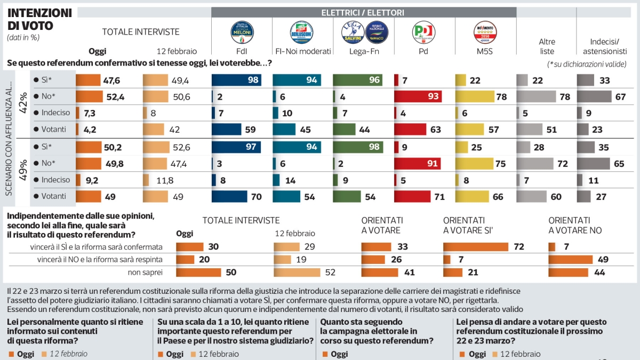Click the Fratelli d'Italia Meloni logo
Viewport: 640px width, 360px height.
pos(242,32)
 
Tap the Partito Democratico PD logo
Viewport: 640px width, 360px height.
pos(424,32)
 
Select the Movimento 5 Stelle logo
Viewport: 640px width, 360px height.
pos(485,32)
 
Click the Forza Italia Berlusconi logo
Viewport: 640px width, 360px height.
pos(302,32)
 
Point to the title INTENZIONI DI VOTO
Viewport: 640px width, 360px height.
pos(39,19)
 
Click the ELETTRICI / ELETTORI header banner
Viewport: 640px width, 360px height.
pos(363,12)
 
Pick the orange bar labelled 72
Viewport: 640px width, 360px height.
pos(476,247)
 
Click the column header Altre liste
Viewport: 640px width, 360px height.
pos(547,46)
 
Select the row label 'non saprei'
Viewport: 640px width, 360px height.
pos(146,272)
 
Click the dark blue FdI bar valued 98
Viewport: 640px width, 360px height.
pos(229,80)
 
